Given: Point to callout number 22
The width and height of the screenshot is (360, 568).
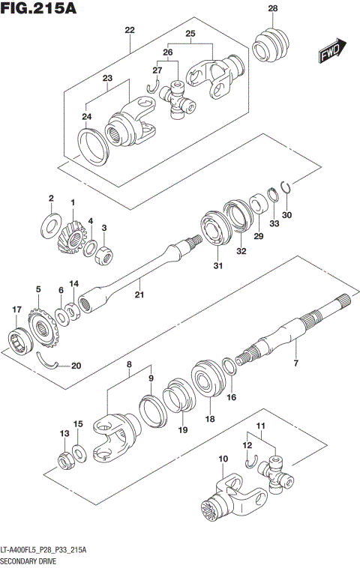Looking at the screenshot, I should (x=130, y=30).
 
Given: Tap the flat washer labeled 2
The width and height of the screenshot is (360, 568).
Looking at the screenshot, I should (x=51, y=221).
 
